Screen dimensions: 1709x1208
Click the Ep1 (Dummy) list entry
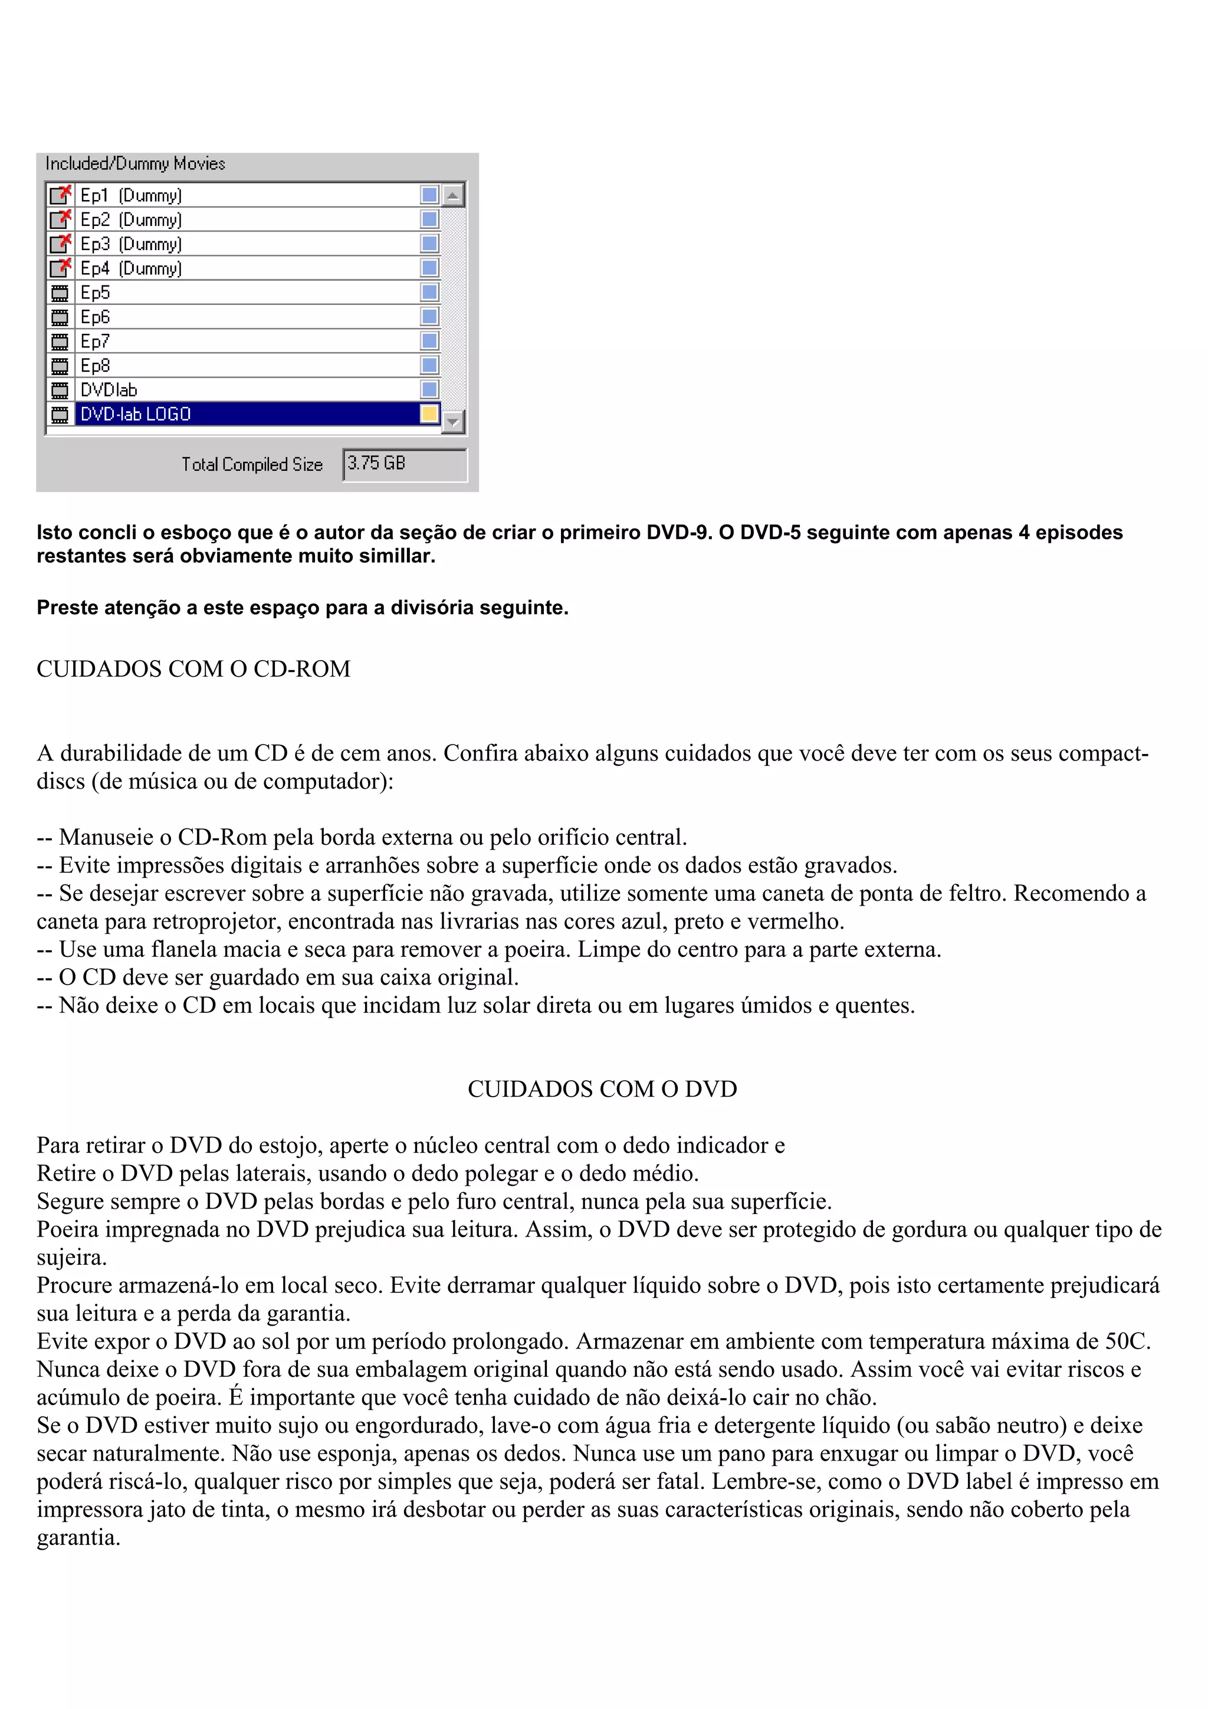click(x=131, y=196)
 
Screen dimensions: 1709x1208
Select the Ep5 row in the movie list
click(x=96, y=293)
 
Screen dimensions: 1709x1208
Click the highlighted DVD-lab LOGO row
click(x=136, y=414)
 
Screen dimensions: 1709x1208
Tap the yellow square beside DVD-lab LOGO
click(x=429, y=414)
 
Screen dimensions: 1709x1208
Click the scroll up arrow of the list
click(x=453, y=196)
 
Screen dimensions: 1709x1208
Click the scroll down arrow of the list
click(x=453, y=422)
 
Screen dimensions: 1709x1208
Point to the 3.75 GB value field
click(x=404, y=464)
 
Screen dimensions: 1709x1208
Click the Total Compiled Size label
click(x=252, y=464)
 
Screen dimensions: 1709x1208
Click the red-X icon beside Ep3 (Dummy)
click(x=60, y=244)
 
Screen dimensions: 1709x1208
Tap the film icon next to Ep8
click(x=60, y=366)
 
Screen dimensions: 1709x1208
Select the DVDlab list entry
click(x=109, y=390)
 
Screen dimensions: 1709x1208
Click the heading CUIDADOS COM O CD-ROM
click(x=193, y=668)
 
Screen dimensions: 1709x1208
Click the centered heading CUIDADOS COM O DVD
click(x=602, y=1089)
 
